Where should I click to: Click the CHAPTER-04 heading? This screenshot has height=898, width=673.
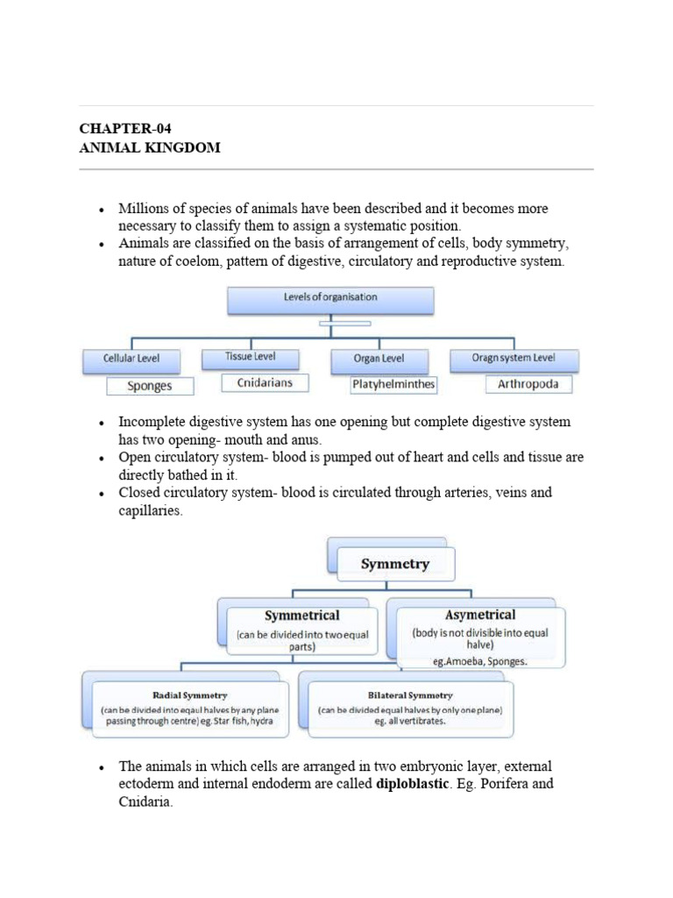(x=119, y=129)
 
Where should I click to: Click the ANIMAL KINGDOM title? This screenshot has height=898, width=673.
(x=150, y=147)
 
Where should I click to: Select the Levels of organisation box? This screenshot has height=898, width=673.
(x=330, y=298)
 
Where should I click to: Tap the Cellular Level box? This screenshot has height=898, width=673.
(x=130, y=360)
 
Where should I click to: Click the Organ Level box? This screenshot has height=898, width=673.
(x=379, y=360)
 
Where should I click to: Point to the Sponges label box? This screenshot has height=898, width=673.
(x=150, y=386)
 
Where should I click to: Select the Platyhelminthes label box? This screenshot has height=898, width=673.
(x=393, y=384)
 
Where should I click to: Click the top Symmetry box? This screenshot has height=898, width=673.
(x=395, y=564)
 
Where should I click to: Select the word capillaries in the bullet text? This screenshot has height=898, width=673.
(x=151, y=510)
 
